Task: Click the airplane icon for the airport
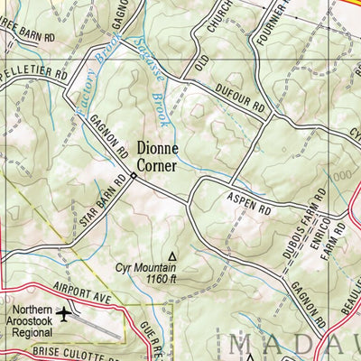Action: click(65, 314)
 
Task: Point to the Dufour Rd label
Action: click(242, 100)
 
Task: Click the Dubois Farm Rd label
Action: click(292, 227)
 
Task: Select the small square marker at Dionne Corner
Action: click(133, 176)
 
